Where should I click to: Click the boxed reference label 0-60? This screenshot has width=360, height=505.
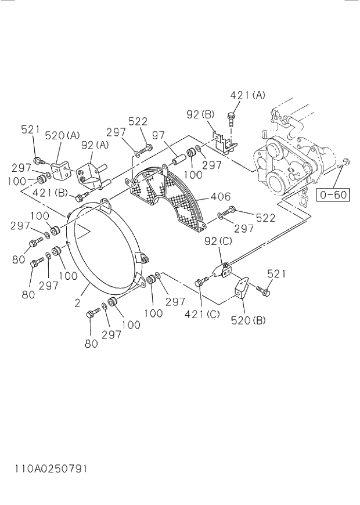pos(333,194)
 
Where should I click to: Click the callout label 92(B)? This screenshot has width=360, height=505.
pos(200,114)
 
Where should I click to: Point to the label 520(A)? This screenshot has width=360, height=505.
pos(62,135)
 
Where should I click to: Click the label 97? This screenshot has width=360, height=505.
pos(159,135)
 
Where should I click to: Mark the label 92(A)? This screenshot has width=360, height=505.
pos(95,145)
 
